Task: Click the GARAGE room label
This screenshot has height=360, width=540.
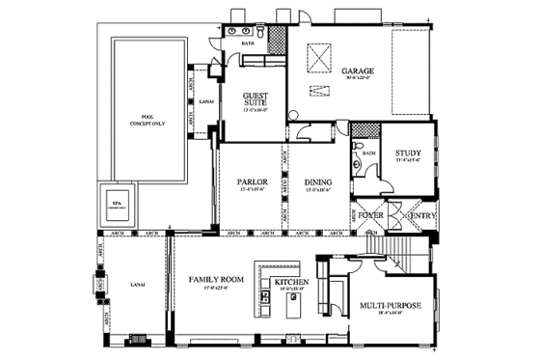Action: [x=359, y=71]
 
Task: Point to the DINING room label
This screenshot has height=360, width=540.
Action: [x=318, y=181]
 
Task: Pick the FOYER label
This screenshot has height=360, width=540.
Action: [x=371, y=214]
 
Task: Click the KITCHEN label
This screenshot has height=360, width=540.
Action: [x=290, y=282]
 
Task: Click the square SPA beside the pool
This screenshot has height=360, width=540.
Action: [x=119, y=206]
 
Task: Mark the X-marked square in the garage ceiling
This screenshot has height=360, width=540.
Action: [x=317, y=59]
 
